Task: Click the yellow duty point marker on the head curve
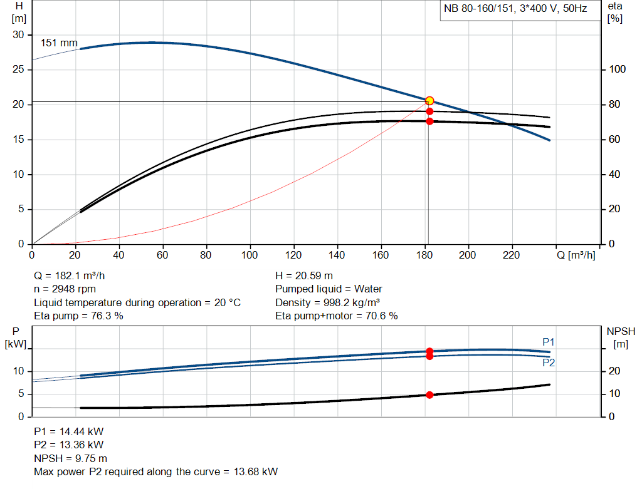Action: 429,101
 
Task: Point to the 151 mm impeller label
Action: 59,43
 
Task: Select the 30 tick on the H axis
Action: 18,35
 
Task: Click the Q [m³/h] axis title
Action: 576,255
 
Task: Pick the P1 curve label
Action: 549,342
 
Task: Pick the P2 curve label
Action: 549,363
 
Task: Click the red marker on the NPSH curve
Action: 429,395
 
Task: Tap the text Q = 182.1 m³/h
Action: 74,275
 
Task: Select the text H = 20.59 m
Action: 304,275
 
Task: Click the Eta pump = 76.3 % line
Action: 78,316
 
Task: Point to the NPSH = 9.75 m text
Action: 70,458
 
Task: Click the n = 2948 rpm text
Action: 65,289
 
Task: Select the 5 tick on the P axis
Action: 21,394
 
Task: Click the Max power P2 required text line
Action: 155,471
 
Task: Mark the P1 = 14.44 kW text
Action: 69,431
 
